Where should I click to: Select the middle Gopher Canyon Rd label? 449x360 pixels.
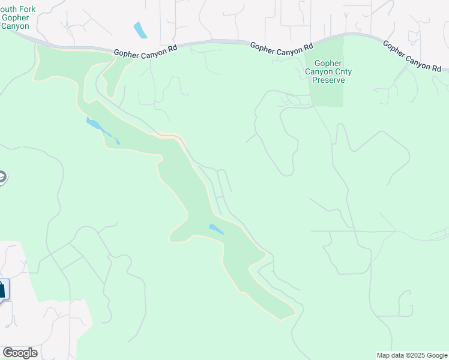pos(282,49)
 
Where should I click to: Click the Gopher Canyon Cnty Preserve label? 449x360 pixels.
pos(328,71)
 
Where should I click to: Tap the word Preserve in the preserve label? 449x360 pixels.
pos(328,80)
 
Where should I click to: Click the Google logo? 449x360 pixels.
pos(20,352)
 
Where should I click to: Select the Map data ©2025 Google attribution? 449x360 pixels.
pos(412,355)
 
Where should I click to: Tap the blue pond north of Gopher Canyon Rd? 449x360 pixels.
pos(140,29)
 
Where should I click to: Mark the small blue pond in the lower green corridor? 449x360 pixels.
pos(215,229)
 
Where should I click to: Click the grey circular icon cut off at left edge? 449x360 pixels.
pos(2,178)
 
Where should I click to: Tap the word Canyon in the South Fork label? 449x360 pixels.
pos(16,26)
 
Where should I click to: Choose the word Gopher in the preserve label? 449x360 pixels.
pos(328,64)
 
